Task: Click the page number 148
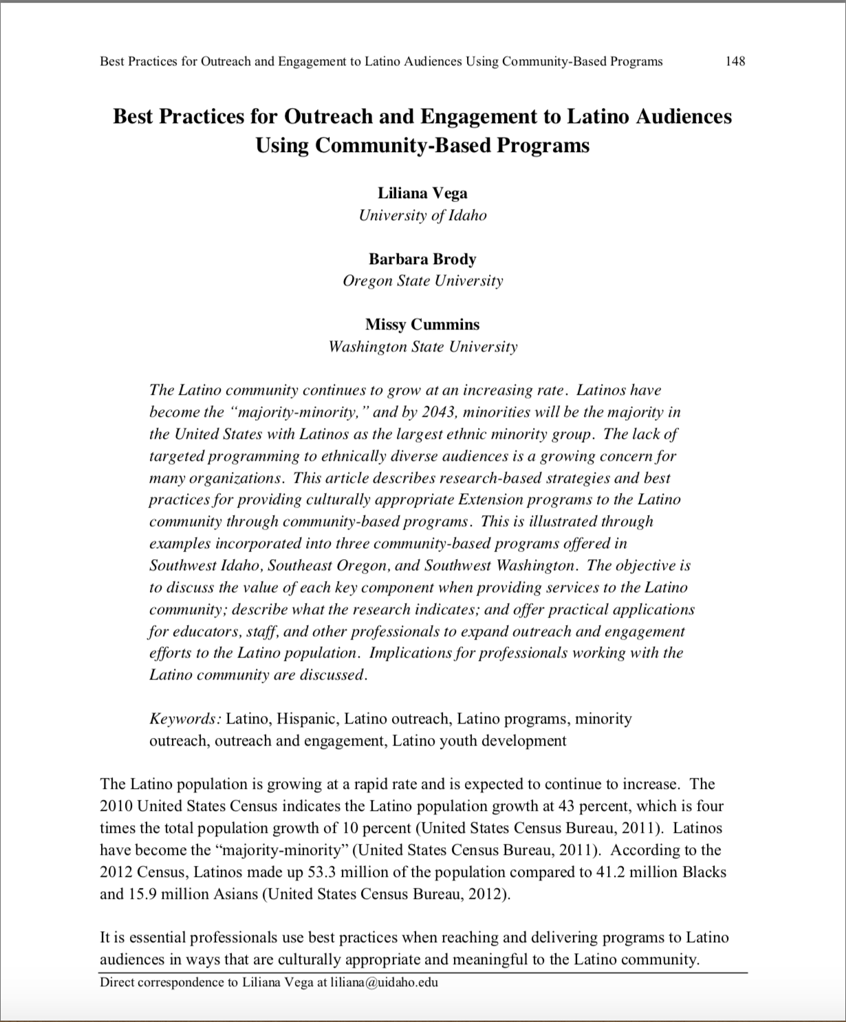pyautogui.click(x=735, y=61)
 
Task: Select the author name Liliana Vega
pyautogui.click(x=422, y=193)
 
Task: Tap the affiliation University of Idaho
pyautogui.click(x=422, y=215)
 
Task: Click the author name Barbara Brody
pyautogui.click(x=422, y=259)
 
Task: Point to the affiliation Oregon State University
pyautogui.click(x=422, y=281)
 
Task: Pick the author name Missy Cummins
pyautogui.click(x=422, y=325)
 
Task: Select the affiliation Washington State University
pyautogui.click(x=422, y=347)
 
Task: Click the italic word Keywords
pyautogui.click(x=184, y=719)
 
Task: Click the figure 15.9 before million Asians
pyautogui.click(x=142, y=894)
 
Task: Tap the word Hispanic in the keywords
pyautogui.click(x=307, y=719)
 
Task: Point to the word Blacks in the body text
pyautogui.click(x=704, y=872)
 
